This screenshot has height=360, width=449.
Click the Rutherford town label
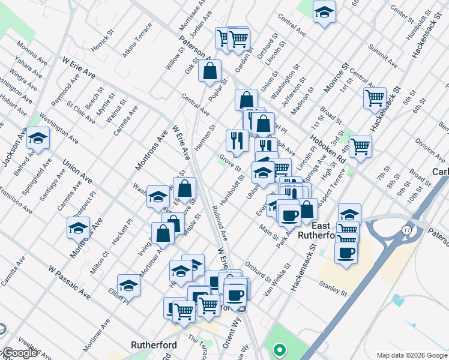coord(154,345)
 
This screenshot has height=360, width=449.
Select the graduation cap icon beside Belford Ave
coord(38,139)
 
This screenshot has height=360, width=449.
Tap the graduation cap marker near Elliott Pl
coord(128,286)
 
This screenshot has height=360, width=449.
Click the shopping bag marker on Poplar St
coord(209,71)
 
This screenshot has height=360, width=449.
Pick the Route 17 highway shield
coord(408,229)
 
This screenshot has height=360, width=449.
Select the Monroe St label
coord(336,77)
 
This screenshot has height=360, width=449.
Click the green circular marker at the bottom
coord(279,350)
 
